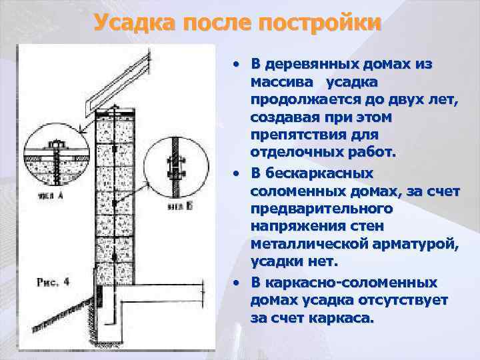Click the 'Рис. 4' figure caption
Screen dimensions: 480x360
pos(53,281)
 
